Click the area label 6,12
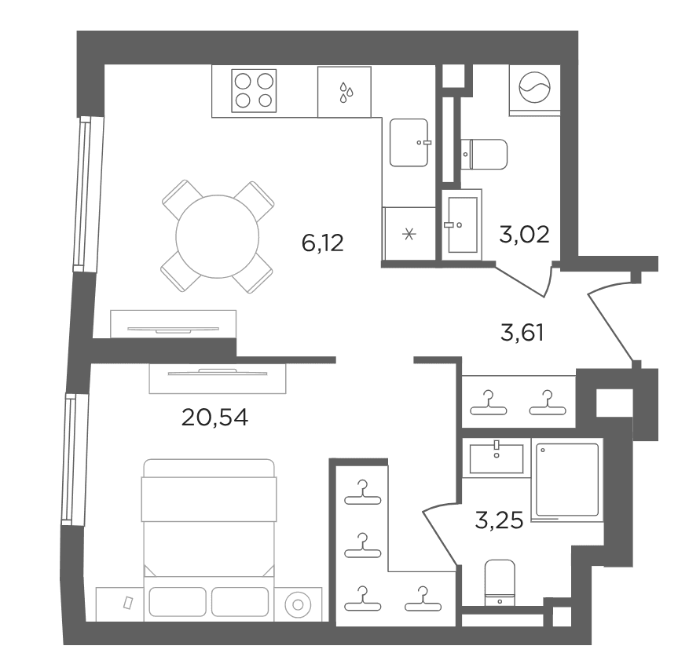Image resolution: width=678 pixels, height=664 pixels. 323,243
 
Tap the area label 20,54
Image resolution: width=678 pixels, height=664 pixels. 215,418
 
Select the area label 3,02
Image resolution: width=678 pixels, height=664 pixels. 524,235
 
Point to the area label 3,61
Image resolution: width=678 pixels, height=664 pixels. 522,333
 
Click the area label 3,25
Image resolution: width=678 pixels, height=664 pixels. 499,520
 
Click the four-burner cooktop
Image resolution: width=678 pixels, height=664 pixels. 254,91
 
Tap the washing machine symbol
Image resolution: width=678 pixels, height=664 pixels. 535,87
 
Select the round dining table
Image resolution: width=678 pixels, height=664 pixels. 218,236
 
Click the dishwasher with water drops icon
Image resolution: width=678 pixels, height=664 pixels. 344,92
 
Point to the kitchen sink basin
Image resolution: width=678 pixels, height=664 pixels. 409,143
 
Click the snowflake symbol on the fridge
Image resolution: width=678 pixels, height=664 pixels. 409,234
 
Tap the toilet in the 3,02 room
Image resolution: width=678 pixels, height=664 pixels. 484,155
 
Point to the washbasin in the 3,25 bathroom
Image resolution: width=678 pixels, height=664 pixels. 497,458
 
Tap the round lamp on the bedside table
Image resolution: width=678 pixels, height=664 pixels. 298,604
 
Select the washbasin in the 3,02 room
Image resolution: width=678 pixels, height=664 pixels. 462,224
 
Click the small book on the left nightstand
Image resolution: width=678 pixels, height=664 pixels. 127,602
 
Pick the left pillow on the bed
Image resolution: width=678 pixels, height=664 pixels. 178,601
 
